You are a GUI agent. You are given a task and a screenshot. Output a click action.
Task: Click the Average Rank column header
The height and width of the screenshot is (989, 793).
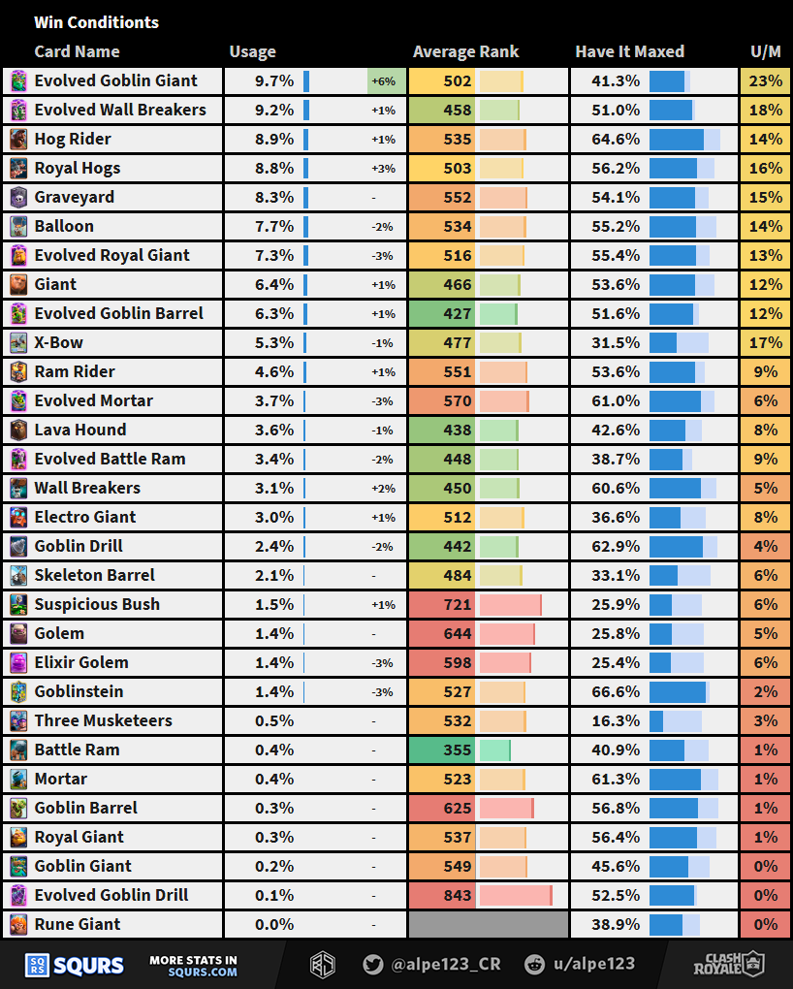tap(465, 52)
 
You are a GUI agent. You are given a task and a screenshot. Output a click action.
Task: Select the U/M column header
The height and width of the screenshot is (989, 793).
tap(765, 52)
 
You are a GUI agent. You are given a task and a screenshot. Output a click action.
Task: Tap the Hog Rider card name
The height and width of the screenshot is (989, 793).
tap(73, 139)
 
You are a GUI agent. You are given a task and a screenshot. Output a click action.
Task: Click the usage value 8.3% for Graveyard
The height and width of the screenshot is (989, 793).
tap(274, 197)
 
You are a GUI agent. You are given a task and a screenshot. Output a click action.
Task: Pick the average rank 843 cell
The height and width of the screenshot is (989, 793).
tap(458, 895)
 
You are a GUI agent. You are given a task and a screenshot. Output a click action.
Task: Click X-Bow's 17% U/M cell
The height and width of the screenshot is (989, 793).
tap(765, 342)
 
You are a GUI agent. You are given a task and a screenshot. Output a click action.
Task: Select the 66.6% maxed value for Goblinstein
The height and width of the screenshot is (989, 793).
tap(616, 691)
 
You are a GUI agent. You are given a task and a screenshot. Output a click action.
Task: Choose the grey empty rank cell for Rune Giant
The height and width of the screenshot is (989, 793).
tap(489, 924)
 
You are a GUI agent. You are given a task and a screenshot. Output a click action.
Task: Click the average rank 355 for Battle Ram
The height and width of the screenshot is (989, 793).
tap(458, 750)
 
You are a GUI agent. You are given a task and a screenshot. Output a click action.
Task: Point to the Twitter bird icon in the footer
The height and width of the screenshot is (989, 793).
tap(372, 964)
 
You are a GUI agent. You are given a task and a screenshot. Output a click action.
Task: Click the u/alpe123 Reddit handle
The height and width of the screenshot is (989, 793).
tap(593, 964)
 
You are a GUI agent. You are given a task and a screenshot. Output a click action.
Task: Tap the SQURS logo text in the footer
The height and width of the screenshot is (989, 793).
tap(88, 965)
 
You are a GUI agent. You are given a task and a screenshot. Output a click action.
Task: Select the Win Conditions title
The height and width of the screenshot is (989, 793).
tap(96, 22)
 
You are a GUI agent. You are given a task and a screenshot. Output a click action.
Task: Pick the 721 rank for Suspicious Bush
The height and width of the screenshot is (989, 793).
tap(458, 604)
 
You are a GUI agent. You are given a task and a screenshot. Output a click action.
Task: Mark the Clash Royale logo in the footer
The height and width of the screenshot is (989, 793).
tap(728, 964)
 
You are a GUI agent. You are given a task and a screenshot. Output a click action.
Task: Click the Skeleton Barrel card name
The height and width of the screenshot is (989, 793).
tap(95, 575)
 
